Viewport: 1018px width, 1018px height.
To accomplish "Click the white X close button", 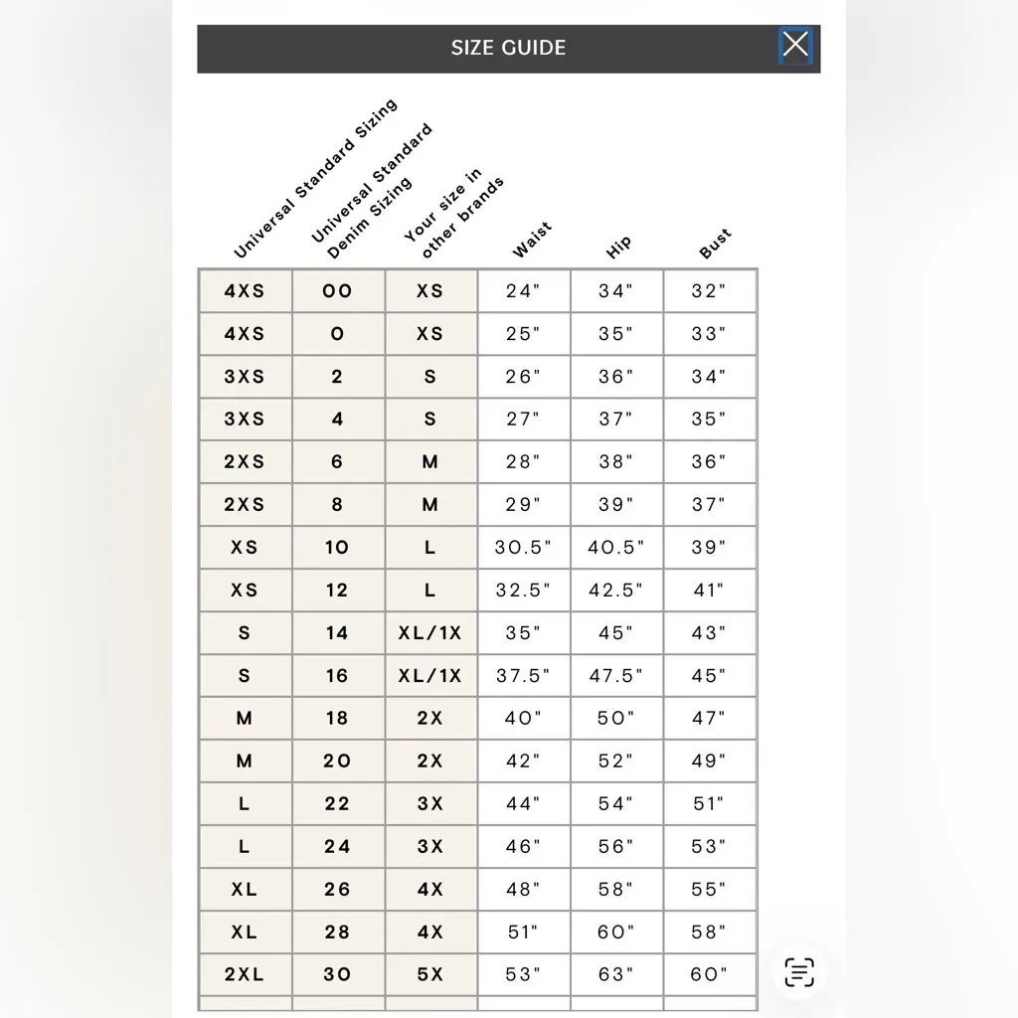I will click(795, 45).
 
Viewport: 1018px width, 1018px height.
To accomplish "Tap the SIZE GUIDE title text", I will click(508, 48).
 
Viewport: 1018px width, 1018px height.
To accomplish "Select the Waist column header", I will click(532, 242).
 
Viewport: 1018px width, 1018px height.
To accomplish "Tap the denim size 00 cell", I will click(337, 291).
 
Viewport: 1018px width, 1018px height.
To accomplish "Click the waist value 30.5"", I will click(523, 548).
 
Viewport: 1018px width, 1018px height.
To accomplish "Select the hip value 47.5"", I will click(615, 676).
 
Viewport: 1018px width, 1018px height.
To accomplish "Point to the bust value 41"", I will click(709, 591).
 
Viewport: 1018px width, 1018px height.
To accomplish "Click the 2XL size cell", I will click(245, 975).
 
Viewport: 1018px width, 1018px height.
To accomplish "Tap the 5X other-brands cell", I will click(430, 975).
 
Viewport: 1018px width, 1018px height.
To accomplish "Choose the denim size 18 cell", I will click(337, 719).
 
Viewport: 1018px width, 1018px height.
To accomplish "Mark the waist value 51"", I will click(523, 933).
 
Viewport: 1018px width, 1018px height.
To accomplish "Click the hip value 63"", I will click(615, 975).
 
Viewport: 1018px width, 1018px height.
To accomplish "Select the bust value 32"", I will click(709, 291).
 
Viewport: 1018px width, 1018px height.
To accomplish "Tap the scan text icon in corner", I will click(799, 971).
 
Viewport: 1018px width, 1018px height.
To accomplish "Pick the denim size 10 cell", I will click(337, 548).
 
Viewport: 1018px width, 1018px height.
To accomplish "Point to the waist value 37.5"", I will click(523, 676).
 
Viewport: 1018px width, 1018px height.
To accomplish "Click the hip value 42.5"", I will click(615, 591).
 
